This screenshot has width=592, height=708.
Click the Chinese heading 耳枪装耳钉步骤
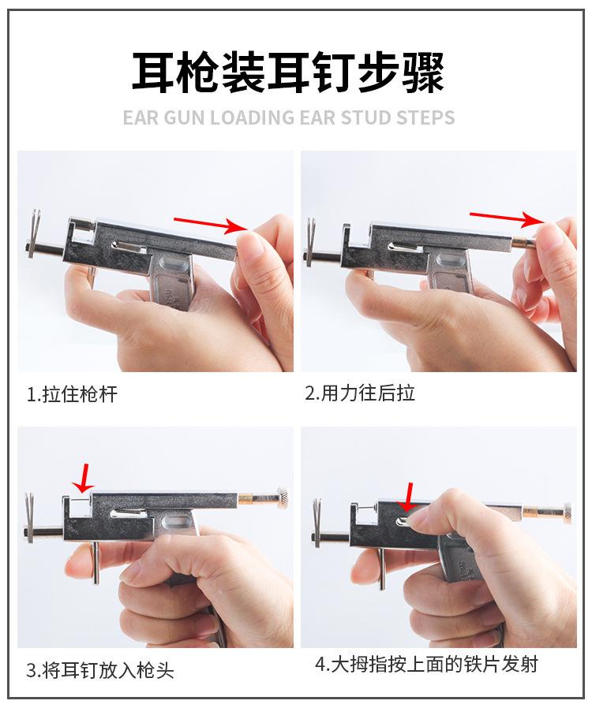pyautogui.click(x=287, y=72)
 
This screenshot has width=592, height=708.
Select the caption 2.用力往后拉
pyautogui.click(x=360, y=393)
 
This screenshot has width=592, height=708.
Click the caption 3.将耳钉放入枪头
pyautogui.click(x=100, y=671)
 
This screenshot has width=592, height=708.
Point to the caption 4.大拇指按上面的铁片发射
pyautogui.click(x=426, y=665)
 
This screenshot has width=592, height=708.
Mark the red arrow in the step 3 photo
pyautogui.click(x=82, y=475)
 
